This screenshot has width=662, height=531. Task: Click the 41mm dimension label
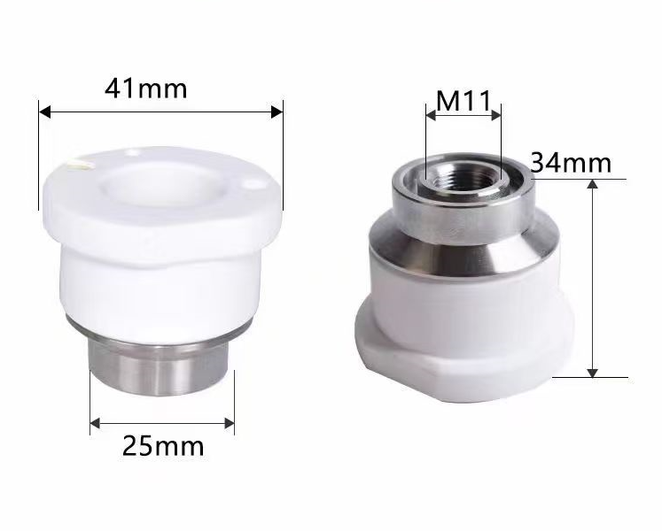click(145, 88)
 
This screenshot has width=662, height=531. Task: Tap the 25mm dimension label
click(163, 446)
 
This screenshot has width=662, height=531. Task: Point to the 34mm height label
click(571, 162)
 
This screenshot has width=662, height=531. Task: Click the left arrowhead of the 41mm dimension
click(44, 112)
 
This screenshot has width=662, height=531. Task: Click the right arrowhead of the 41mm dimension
click(276, 112)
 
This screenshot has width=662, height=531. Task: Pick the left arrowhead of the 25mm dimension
click(95, 423)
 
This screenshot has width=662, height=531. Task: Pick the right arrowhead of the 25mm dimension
click(230, 423)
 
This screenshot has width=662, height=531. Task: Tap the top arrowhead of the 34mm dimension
click(593, 184)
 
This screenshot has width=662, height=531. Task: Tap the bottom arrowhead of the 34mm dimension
click(593, 373)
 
